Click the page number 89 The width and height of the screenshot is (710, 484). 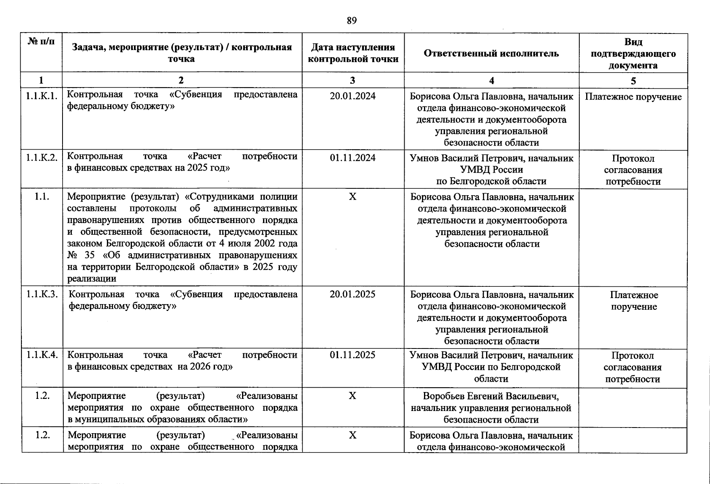(x=351, y=21)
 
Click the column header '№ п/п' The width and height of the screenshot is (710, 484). (x=41, y=41)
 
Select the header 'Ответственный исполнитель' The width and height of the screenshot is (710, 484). (x=491, y=53)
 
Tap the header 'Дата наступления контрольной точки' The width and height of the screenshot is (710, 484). (x=353, y=53)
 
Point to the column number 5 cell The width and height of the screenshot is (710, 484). (x=633, y=81)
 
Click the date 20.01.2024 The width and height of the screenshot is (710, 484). (x=353, y=96)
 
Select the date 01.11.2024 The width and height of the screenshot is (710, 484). (x=353, y=158)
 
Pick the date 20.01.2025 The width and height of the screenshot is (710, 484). (x=353, y=294)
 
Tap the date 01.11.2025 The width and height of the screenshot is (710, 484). (x=353, y=355)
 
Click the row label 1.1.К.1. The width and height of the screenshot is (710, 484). (x=42, y=96)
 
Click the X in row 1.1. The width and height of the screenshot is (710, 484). (x=353, y=196)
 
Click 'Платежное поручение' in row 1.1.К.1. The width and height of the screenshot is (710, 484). (x=633, y=97)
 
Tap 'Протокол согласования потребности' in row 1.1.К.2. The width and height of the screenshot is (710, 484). (x=633, y=170)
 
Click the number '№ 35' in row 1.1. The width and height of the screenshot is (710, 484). (x=80, y=255)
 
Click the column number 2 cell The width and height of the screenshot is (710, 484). (x=181, y=80)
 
